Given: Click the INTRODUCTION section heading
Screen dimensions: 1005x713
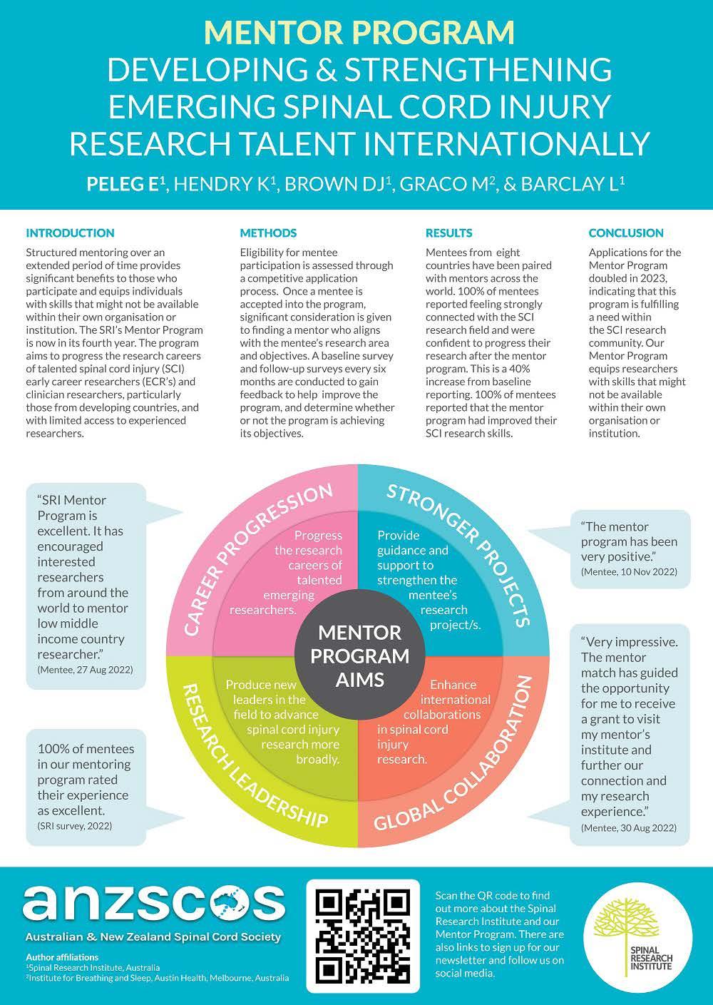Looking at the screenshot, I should click(x=70, y=233).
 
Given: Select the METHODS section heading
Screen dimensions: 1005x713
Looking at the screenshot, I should click(x=268, y=233).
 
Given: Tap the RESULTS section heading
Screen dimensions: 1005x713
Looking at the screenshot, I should click(x=448, y=233).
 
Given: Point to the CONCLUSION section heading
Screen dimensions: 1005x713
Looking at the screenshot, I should click(x=626, y=233).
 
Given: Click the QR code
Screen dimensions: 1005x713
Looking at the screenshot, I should click(x=362, y=935).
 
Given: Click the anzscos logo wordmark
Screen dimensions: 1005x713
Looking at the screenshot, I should click(x=153, y=903).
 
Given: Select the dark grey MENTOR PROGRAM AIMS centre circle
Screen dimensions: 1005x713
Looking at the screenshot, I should click(x=359, y=655).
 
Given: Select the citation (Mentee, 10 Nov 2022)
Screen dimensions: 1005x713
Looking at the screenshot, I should click(x=629, y=571).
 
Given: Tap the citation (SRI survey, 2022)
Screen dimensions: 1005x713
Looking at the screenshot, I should click(x=75, y=825).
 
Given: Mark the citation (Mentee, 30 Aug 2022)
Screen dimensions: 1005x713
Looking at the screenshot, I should click(x=629, y=827).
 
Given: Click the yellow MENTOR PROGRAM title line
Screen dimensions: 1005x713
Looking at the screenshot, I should click(x=359, y=32).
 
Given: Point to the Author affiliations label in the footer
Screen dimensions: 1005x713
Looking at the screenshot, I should click(x=61, y=956).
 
